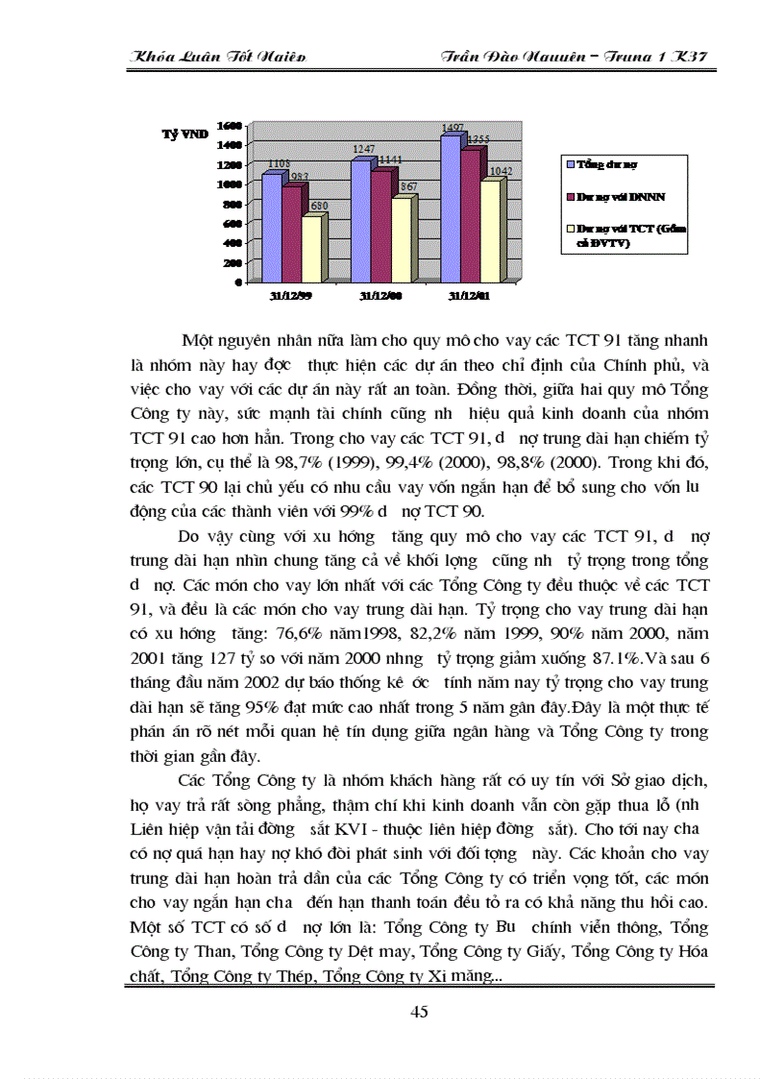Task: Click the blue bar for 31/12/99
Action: pos(271,227)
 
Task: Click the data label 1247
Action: pos(364,150)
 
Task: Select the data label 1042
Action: pos(501,171)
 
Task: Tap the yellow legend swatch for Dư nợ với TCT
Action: pos(571,229)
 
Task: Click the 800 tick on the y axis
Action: pos(230,204)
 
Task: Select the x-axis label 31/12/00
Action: pos(380,297)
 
